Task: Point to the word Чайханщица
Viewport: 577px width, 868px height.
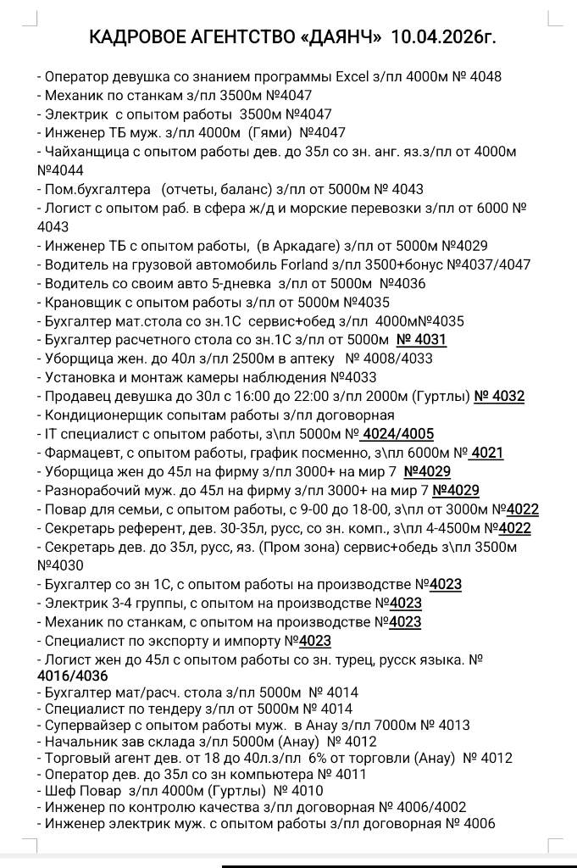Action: click(87, 152)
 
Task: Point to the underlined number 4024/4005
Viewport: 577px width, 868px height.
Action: click(397, 434)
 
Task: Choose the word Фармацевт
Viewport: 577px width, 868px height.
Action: click(79, 453)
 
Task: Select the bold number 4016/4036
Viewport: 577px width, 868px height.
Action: click(73, 676)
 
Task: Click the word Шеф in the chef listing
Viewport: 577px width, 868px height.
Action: click(58, 791)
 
